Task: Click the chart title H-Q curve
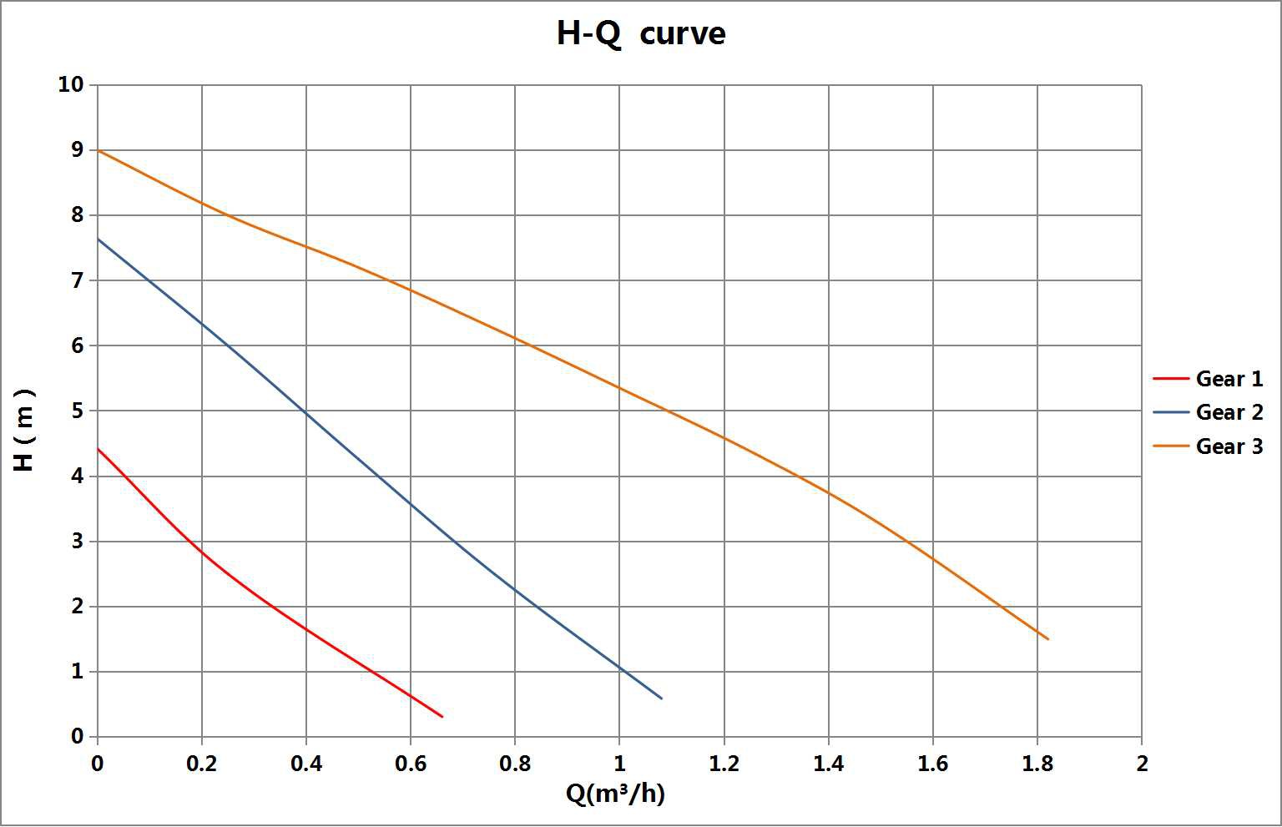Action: [x=641, y=34]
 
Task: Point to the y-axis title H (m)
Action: [x=25, y=429]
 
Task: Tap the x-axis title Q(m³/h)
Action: [x=615, y=793]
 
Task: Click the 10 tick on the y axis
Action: [x=71, y=84]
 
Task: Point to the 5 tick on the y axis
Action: [x=77, y=411]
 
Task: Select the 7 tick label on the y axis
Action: [x=77, y=280]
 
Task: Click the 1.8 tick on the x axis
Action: [x=1037, y=764]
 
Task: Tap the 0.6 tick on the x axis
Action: [x=410, y=764]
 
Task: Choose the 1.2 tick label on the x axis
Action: [x=724, y=764]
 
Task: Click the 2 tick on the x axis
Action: [x=1142, y=764]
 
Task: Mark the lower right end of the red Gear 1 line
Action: [x=442, y=717]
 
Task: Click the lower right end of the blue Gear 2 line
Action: [x=662, y=698]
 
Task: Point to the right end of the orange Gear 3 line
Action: [x=1047, y=639]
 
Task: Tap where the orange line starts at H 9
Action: [x=98, y=150]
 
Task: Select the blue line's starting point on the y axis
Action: [x=98, y=240]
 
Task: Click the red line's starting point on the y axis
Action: [x=98, y=449]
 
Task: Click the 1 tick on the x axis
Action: [x=619, y=764]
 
